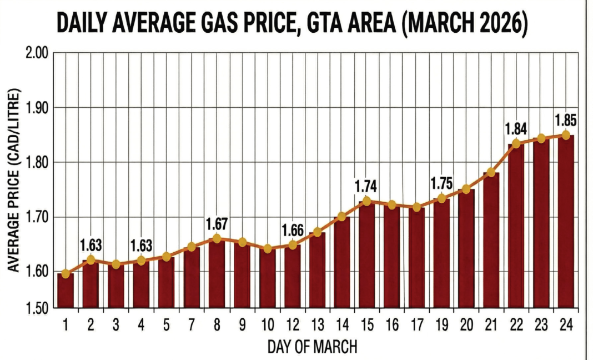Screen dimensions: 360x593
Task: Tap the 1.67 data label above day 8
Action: (x=217, y=224)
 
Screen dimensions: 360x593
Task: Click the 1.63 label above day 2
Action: (x=91, y=245)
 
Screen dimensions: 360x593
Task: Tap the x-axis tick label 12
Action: (x=292, y=325)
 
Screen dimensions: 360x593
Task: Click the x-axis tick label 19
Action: (x=441, y=325)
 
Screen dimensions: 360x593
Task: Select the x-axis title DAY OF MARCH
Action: (x=312, y=347)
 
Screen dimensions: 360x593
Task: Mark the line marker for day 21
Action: (x=491, y=173)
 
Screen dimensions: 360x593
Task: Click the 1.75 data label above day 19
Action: (x=441, y=184)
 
